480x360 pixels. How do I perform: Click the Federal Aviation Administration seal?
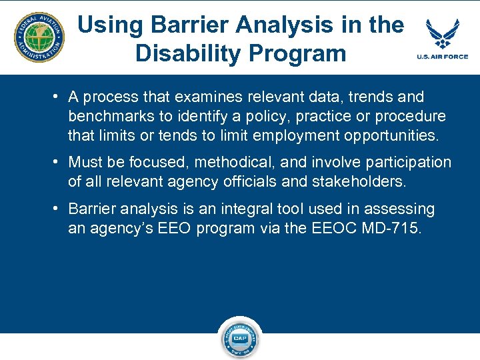[x=39, y=37]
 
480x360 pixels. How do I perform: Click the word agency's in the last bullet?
[x=123, y=228]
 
